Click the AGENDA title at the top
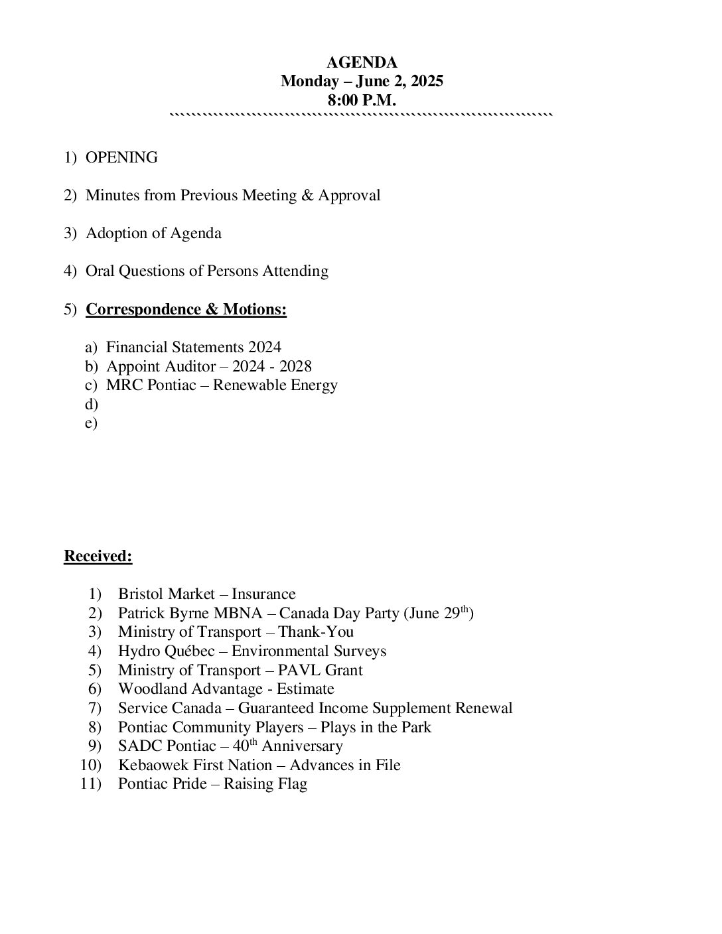pos(362,63)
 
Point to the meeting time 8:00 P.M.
pos(362,101)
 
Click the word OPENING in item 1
pos(121,158)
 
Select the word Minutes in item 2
pos(111,196)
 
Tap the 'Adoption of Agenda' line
pos(153,233)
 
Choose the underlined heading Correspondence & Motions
pos(186,310)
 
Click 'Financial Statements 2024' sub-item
pos(193,348)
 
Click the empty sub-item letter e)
pos(91,423)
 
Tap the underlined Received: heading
pos(98,557)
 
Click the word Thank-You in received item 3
pos(316,632)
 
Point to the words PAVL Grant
pos(321,671)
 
